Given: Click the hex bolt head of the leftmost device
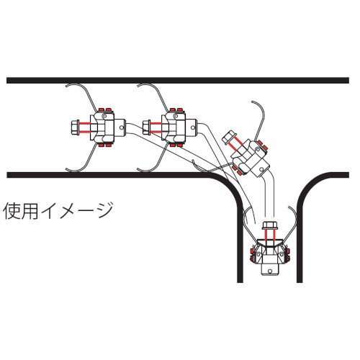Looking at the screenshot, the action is pos(76,127).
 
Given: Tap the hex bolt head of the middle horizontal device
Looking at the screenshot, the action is pos(146,127).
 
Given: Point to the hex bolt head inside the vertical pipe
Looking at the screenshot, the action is pos(270,225).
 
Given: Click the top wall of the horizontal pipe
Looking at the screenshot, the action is pos(178,80).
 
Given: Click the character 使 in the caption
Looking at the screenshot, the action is pos(12,211).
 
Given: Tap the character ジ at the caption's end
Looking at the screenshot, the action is pos(105,210).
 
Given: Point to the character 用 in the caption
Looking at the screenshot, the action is pos(30,211).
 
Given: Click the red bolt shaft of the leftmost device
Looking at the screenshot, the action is pos(85,127).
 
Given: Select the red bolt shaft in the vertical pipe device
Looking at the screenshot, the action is pos(270,234).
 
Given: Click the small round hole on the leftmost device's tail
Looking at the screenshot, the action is pos(121,127).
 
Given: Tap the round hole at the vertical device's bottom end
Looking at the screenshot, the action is pos(270,271).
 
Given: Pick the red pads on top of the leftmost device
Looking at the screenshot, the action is pos(105,109).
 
